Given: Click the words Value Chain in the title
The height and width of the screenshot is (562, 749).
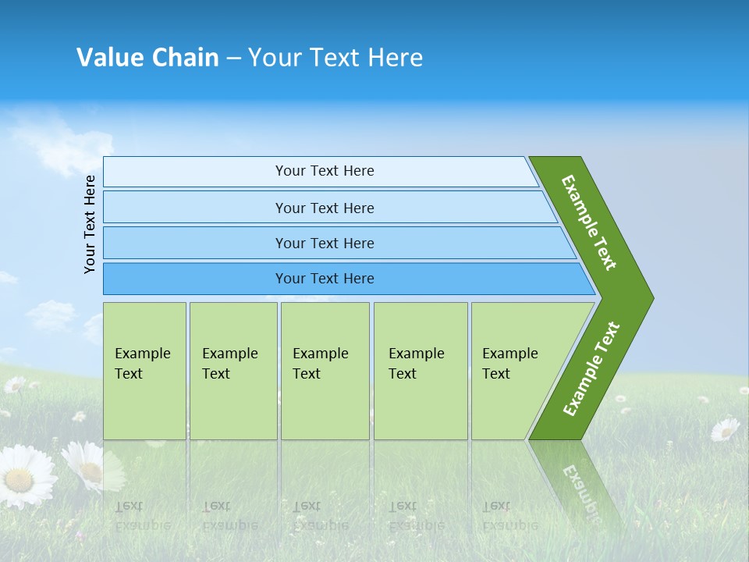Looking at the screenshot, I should click(x=147, y=58).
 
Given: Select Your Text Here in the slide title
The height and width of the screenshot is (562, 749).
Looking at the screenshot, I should click(x=335, y=58).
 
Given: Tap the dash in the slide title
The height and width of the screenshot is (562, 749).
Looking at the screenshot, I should click(x=233, y=59).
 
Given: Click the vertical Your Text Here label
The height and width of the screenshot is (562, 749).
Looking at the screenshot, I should click(x=90, y=224).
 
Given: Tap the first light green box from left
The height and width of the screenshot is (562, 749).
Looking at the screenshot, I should click(x=144, y=371).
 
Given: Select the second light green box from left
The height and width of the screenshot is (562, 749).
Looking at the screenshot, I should click(x=233, y=371).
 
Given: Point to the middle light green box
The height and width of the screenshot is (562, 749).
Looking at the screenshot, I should click(x=325, y=371).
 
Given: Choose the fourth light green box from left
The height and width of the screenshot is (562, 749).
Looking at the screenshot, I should click(x=420, y=371).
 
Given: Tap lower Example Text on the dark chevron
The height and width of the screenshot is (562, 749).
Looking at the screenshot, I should click(x=591, y=368).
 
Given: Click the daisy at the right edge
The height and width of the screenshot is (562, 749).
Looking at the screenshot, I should click(x=725, y=429).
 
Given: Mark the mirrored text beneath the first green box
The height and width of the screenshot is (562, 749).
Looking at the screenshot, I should click(x=142, y=515).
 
